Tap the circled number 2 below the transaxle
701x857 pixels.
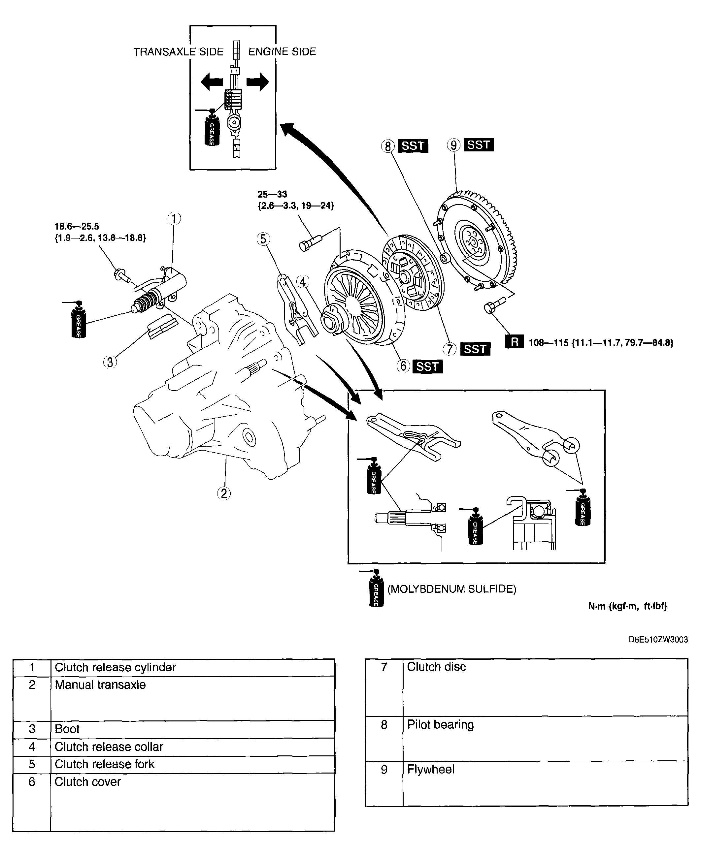[x=224, y=493]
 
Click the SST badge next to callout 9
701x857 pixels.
[x=479, y=145]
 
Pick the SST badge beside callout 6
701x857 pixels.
[x=427, y=366]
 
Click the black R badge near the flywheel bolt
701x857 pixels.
[x=514, y=342]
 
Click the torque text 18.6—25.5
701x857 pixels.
[x=77, y=227]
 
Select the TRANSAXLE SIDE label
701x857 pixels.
[x=178, y=52]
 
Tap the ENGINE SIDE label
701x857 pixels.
[x=282, y=52]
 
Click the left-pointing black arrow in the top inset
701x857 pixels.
[x=212, y=82]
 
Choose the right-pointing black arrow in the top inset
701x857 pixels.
[x=258, y=82]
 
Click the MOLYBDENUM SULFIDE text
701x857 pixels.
[x=451, y=589]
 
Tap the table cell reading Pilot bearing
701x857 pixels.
[x=440, y=725]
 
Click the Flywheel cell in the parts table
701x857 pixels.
[x=430, y=770]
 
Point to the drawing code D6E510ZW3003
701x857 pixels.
[x=658, y=640]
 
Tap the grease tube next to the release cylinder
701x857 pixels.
[x=78, y=320]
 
